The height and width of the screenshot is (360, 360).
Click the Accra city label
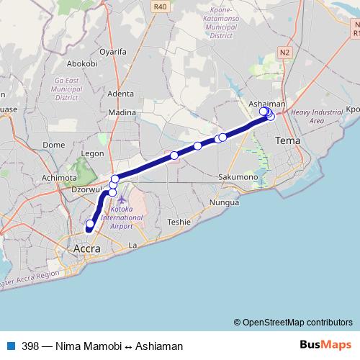pyautogui.click(x=86, y=248)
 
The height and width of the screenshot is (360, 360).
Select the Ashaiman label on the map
pyautogui.click(x=266, y=104)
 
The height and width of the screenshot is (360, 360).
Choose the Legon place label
pyautogui.click(x=94, y=153)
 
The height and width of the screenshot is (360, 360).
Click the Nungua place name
pyautogui.click(x=223, y=202)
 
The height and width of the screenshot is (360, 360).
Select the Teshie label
pyautogui.click(x=179, y=222)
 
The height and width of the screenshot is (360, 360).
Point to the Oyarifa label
pyautogui.click(x=113, y=52)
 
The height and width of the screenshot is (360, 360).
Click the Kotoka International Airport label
pyautogui.click(x=122, y=217)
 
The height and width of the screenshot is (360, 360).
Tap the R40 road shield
pyautogui.click(x=160, y=6)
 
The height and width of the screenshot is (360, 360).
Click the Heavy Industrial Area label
pyautogui.click(x=317, y=117)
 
